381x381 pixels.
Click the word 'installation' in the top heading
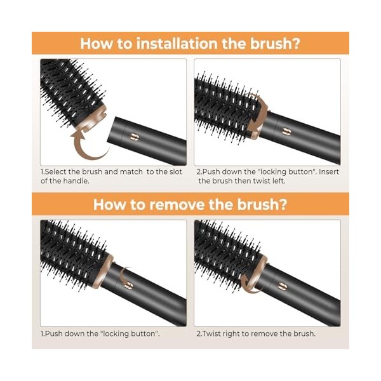pyautogui.click(x=177, y=43)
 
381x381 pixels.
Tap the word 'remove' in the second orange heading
pyautogui.click(x=177, y=204)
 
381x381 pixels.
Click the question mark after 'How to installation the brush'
pyautogui.click(x=296, y=43)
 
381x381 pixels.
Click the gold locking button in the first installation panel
pyautogui.click(x=133, y=137)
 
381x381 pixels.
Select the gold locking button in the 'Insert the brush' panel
pyautogui.click(x=287, y=132)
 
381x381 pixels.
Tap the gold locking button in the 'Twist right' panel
pyautogui.click(x=283, y=286)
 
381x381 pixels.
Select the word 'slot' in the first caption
pyautogui.click(x=175, y=172)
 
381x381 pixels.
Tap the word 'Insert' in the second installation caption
pyautogui.click(x=328, y=172)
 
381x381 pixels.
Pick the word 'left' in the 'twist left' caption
pyautogui.click(x=279, y=181)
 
